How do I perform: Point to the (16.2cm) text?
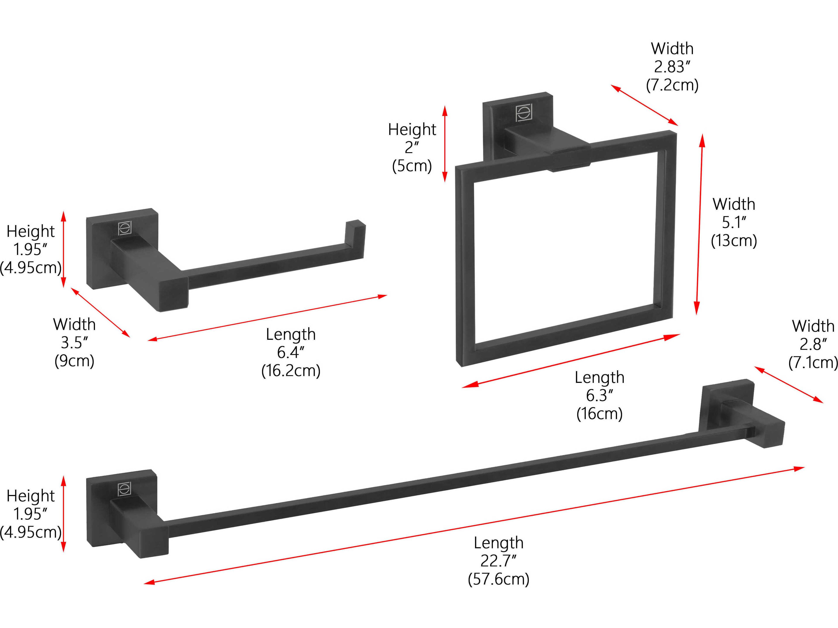(x=291, y=371)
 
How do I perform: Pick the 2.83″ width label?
(x=672, y=67)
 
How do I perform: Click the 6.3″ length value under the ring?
(x=599, y=396)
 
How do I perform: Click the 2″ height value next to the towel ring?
(x=412, y=147)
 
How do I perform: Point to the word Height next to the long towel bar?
(x=31, y=496)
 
